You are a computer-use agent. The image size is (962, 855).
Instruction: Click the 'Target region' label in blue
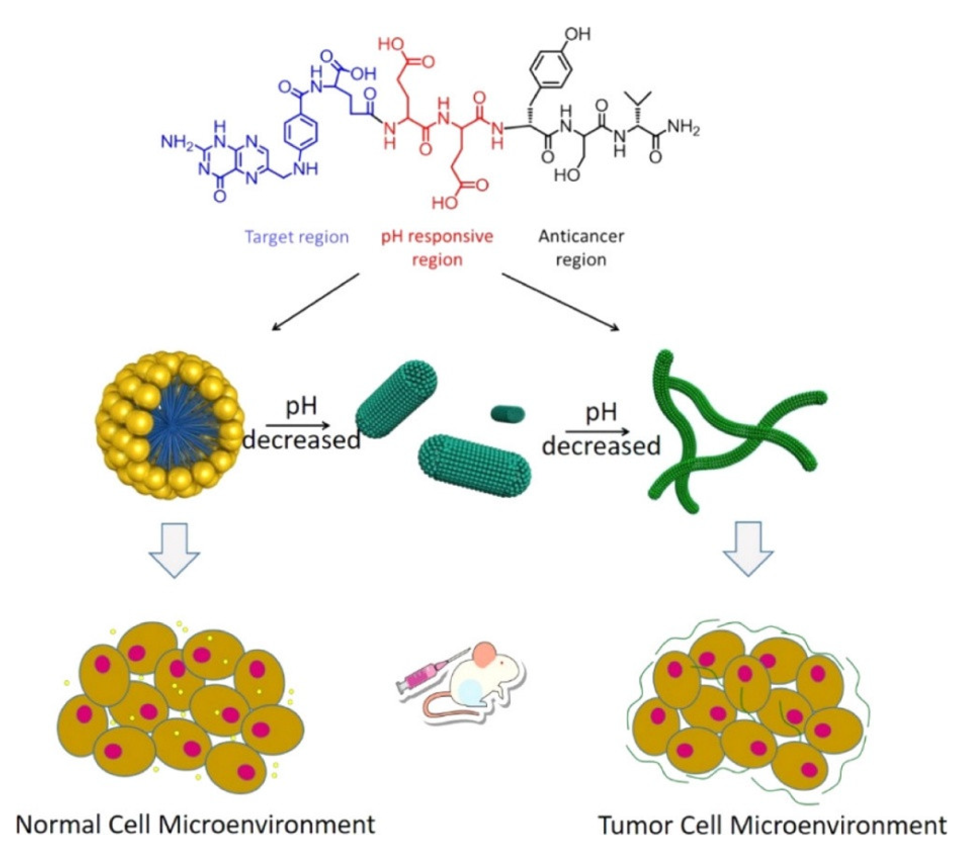(297, 237)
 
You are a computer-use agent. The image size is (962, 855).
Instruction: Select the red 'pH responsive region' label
(437, 248)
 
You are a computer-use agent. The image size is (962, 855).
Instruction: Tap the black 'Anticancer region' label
(581, 248)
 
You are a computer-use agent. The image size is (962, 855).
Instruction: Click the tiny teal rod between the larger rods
(507, 414)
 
